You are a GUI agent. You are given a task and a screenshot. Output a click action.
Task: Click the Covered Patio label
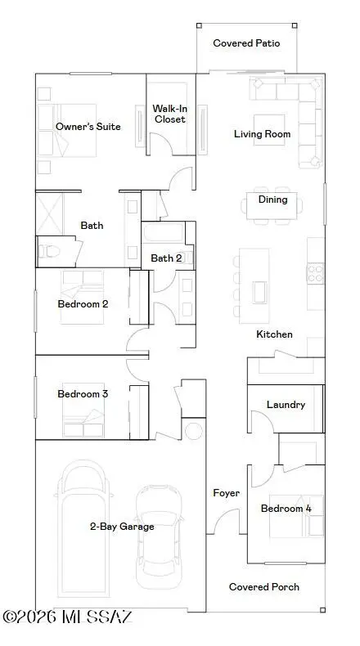coord(246,43)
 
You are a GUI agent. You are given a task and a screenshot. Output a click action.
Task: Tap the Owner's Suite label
coord(88,127)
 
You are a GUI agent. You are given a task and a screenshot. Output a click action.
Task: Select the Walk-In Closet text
coord(170,114)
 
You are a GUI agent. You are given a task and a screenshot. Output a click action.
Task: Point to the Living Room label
coord(262,134)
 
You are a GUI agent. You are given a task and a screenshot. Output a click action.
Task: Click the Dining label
coord(272,199)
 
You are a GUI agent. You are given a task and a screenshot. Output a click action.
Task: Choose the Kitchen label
coord(274,334)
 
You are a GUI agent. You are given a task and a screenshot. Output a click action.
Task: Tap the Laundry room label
coord(286,405)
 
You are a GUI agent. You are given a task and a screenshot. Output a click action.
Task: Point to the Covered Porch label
coord(263,587)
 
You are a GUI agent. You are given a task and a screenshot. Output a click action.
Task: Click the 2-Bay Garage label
coord(121,527)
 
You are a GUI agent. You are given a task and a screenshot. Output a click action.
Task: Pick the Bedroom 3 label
coord(83,394)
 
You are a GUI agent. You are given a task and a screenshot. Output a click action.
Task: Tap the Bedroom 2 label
coord(83,304)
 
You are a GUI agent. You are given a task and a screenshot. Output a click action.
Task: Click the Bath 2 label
coord(166,258)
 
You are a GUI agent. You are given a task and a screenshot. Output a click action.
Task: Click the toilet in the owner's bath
coord(51,250)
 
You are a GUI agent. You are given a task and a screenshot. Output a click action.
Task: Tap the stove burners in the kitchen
coord(315,272)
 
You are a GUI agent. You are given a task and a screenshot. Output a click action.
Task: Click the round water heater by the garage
coord(194,431)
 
